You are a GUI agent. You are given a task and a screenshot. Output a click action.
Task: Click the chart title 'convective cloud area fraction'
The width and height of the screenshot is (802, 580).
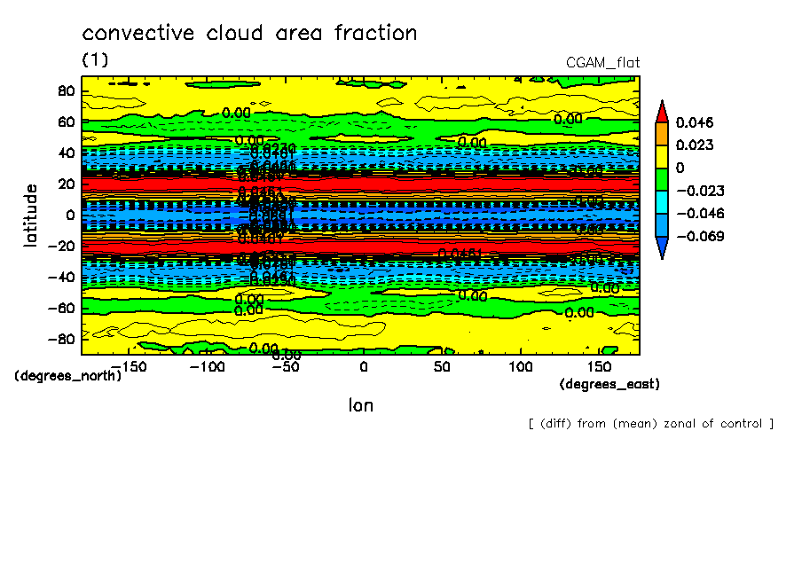(249, 34)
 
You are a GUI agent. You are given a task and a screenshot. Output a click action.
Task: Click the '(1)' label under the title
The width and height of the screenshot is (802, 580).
(95, 59)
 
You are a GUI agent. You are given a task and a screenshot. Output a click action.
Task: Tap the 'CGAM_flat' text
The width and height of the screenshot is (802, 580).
(602, 62)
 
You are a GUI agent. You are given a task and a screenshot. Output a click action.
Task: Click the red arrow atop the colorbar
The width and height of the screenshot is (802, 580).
(661, 111)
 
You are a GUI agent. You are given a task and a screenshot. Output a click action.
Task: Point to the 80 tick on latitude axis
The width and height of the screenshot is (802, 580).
(64, 90)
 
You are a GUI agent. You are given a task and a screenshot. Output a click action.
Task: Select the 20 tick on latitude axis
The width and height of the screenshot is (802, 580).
(64, 184)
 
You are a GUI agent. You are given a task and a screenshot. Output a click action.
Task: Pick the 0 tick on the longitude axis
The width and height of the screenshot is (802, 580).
(363, 366)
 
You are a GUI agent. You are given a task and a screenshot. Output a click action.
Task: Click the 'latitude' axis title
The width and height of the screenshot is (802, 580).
(31, 215)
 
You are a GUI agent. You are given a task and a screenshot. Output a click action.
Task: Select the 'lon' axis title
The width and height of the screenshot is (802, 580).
(361, 405)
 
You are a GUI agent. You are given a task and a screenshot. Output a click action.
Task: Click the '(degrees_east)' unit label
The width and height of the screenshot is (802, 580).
(609, 384)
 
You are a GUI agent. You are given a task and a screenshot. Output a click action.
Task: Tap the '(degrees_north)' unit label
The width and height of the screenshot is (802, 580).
(67, 375)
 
